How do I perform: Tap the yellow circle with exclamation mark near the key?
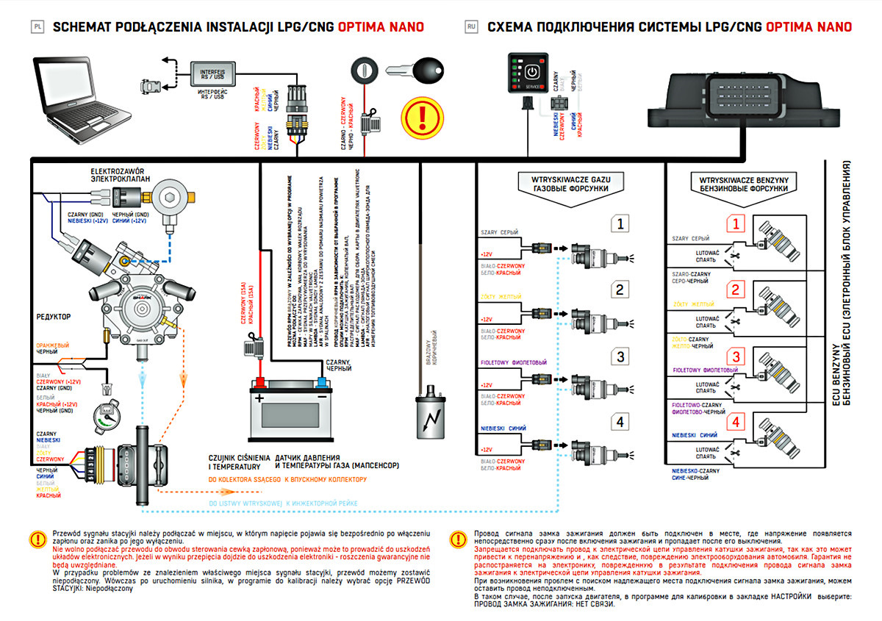pos(421,115)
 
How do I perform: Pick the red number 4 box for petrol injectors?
pos(736,423)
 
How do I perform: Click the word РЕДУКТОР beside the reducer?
pos(54,316)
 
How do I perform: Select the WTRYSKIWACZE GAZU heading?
pos(571,179)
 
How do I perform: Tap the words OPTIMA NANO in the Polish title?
pos(381,27)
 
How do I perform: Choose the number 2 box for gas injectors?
pos(620,290)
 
